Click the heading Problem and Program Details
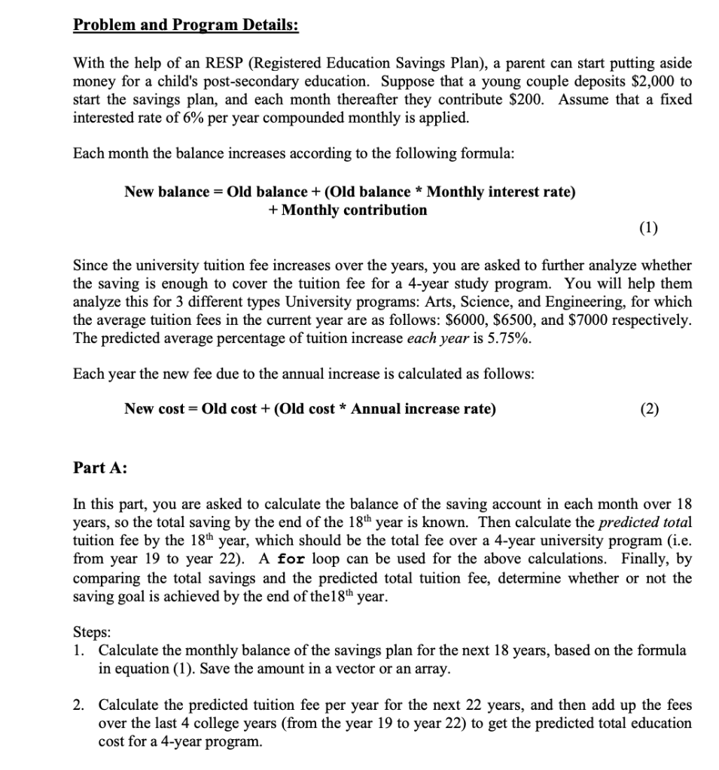[185, 24]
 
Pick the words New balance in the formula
[166, 192]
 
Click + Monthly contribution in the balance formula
[347, 210]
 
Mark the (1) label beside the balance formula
[647, 229]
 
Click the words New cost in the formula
[155, 409]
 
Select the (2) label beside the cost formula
[647, 409]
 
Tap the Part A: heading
[99, 468]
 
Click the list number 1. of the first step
[79, 650]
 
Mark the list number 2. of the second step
[79, 705]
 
